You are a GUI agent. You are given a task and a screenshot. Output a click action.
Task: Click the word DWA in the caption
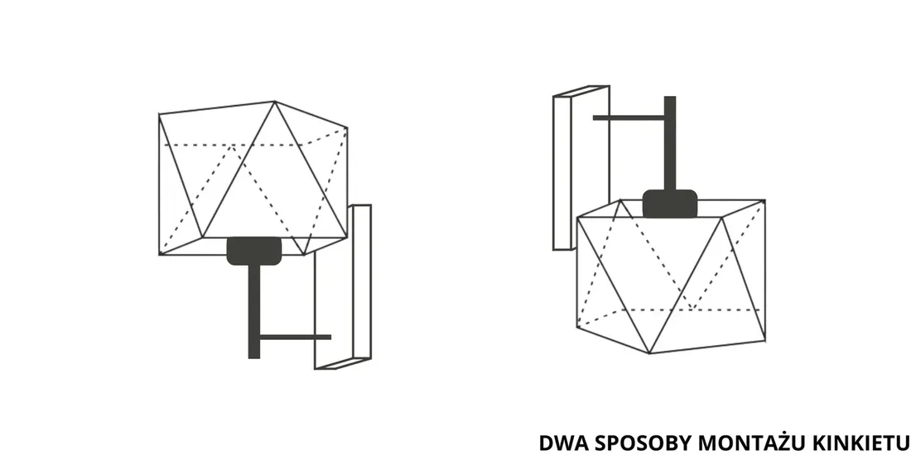(x=559, y=443)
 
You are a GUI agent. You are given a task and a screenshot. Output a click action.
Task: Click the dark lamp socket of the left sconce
(x=253, y=250)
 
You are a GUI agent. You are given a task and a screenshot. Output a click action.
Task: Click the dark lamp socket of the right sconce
(x=669, y=204)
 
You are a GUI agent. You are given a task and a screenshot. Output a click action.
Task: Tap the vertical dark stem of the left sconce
(x=253, y=306)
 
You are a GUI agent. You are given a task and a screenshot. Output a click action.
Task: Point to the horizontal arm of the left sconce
(x=294, y=337)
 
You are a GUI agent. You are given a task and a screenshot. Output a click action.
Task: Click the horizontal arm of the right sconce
(x=629, y=117)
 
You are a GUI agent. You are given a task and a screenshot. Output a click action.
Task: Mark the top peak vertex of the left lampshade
(x=274, y=102)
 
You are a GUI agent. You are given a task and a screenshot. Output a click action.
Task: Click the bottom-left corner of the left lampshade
(x=159, y=253)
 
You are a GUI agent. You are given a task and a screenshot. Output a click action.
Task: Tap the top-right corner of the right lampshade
(x=764, y=200)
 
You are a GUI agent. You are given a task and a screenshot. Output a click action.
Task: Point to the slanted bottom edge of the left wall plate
(x=342, y=363)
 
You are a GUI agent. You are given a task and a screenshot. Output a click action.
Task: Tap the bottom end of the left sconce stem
(x=253, y=356)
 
